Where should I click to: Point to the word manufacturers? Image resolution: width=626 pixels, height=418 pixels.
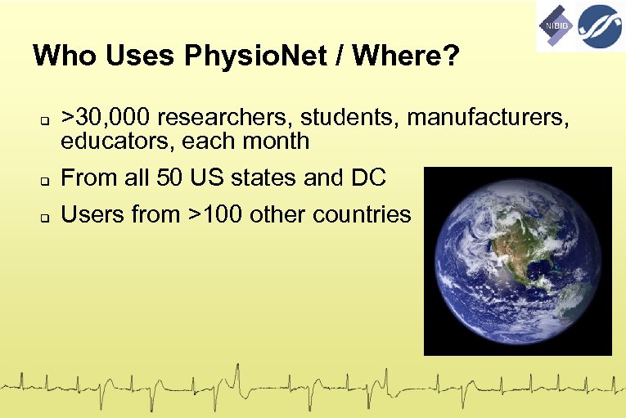pyautogui.click(x=488, y=118)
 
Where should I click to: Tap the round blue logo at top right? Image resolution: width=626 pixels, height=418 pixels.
pyautogui.click(x=600, y=25)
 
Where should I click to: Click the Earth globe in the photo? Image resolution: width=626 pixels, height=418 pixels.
pyautogui.click(x=517, y=262)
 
